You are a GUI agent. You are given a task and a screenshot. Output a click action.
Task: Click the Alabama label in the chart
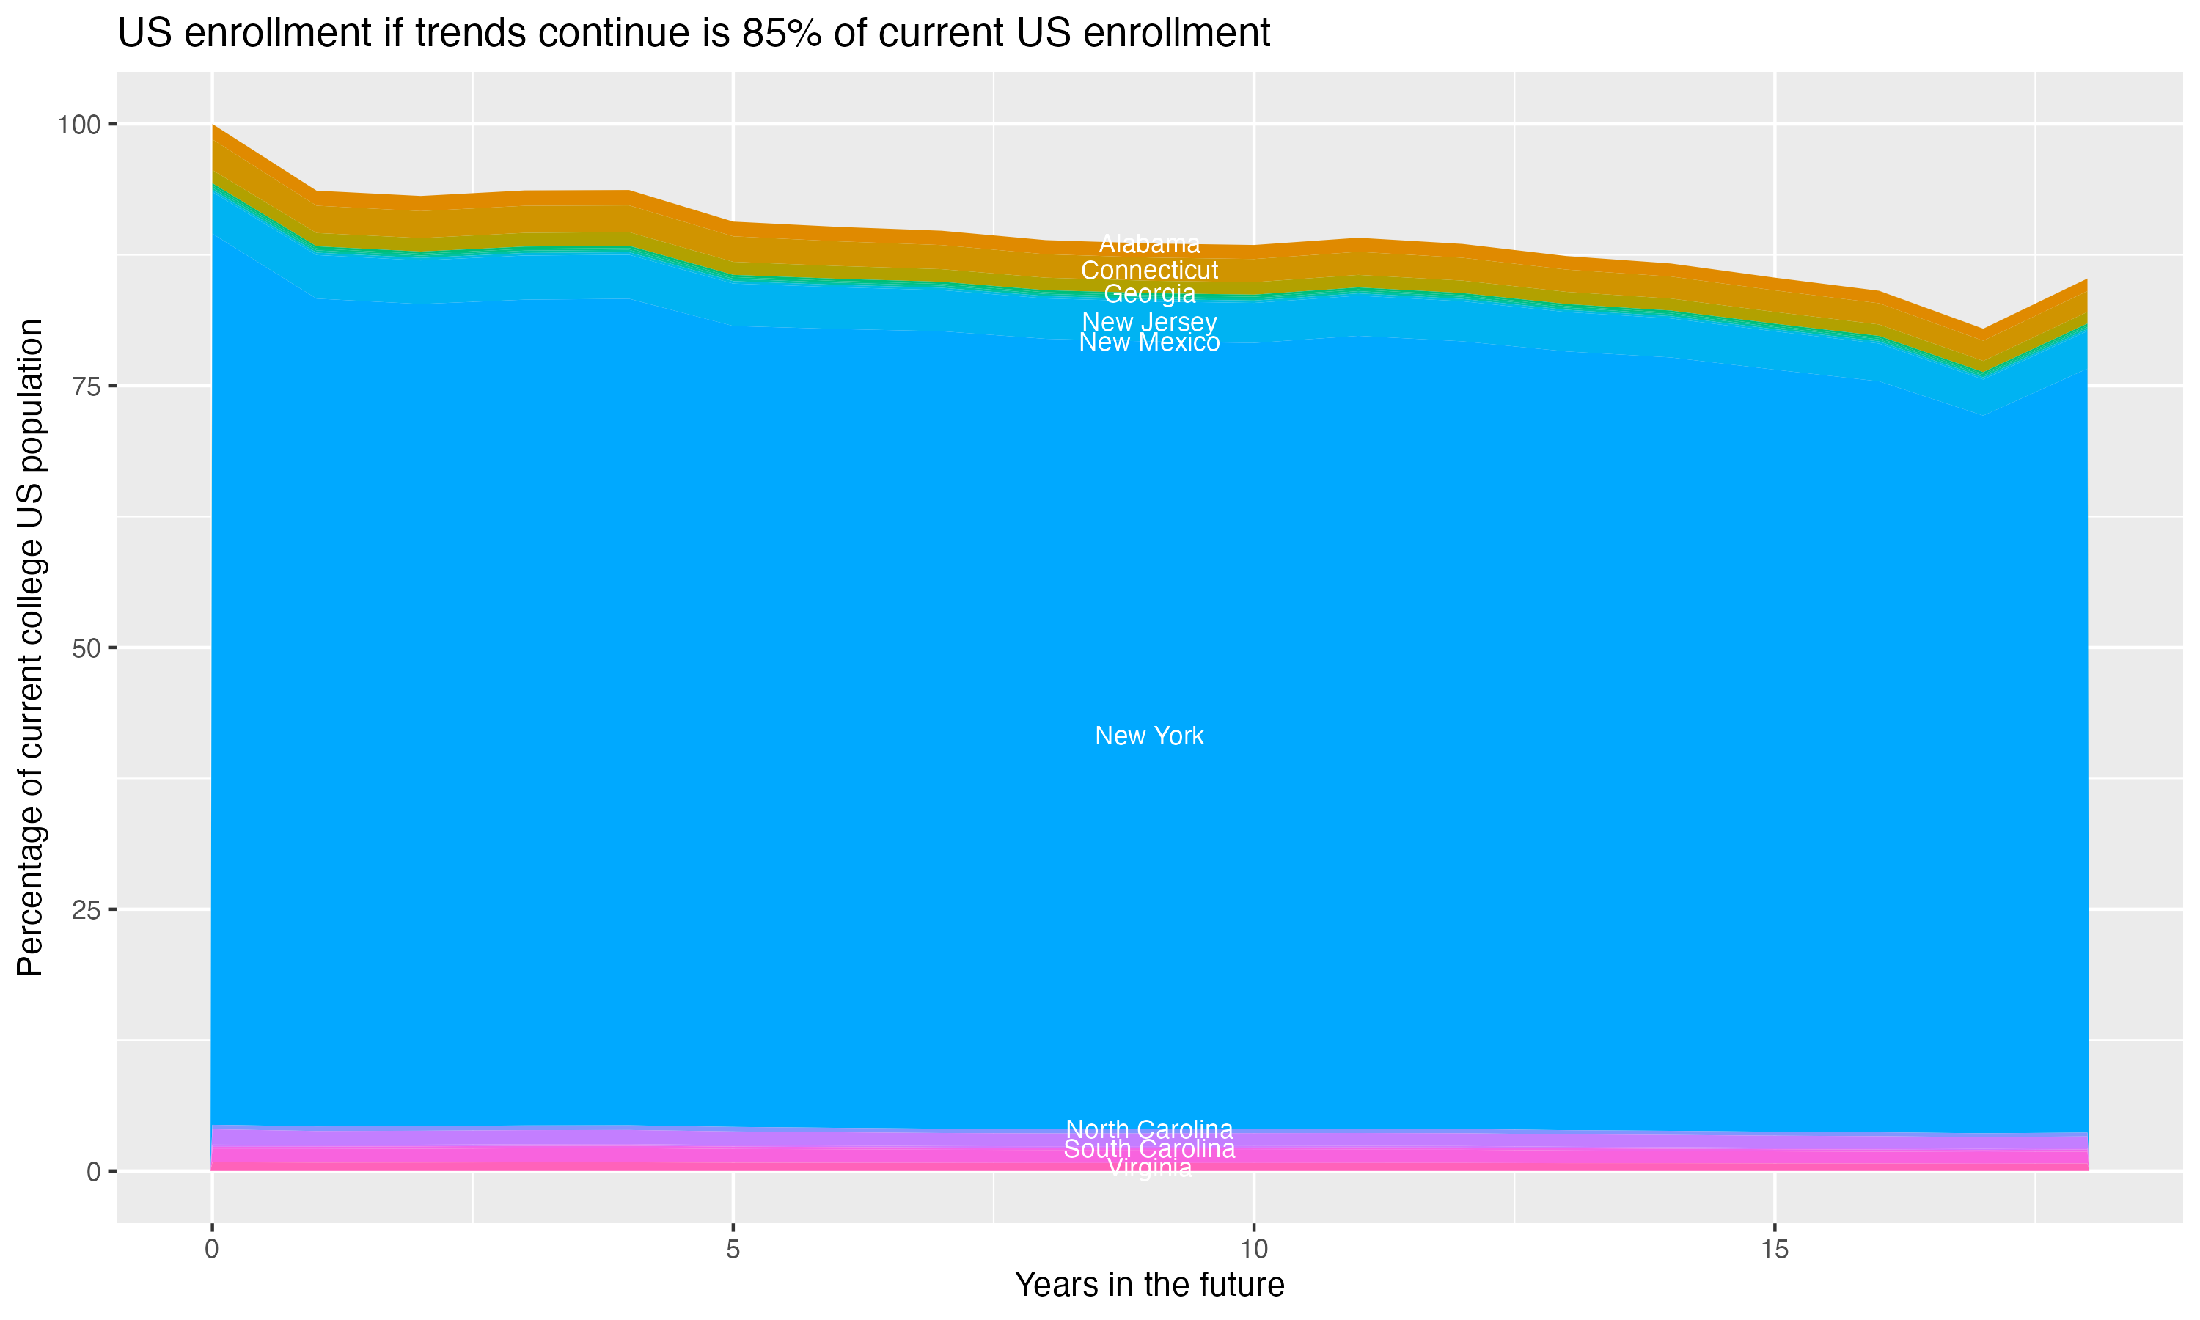pos(1149,243)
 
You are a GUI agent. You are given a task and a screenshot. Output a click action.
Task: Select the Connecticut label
pos(1149,270)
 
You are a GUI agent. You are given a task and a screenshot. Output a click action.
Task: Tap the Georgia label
pos(1149,293)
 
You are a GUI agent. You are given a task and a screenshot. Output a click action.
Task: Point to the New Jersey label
pos(1149,321)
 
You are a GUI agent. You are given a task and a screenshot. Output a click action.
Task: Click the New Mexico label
pos(1149,342)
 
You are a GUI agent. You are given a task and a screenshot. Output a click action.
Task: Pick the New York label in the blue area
pos(1149,736)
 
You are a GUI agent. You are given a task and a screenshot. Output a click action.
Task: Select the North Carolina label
pos(1149,1129)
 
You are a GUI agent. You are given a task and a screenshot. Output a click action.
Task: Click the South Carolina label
pos(1149,1149)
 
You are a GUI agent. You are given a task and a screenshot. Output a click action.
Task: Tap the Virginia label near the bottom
pos(1149,1168)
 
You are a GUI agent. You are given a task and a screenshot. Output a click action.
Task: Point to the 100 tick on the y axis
pos(78,125)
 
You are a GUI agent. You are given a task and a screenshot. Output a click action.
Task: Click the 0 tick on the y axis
pos(93,1171)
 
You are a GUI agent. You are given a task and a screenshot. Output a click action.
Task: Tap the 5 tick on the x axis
pos(733,1250)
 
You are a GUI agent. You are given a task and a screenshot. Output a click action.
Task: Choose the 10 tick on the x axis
pos(1253,1250)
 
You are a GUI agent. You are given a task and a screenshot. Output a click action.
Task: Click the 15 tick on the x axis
pos(1774,1250)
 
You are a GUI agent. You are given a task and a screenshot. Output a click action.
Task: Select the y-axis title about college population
pos(30,647)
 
